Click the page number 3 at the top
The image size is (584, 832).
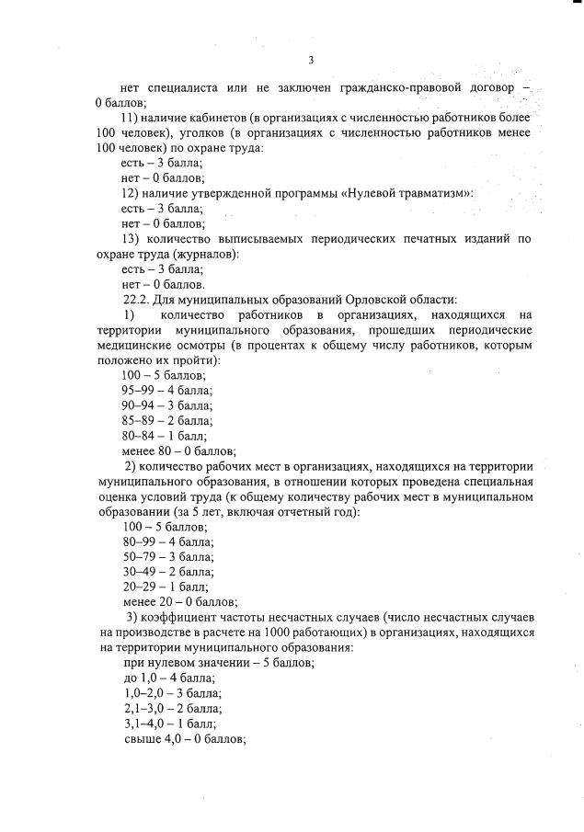click(311, 60)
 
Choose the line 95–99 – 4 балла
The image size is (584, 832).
click(167, 390)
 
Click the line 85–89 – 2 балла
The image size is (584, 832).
click(167, 420)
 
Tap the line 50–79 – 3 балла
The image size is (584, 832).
click(167, 556)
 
